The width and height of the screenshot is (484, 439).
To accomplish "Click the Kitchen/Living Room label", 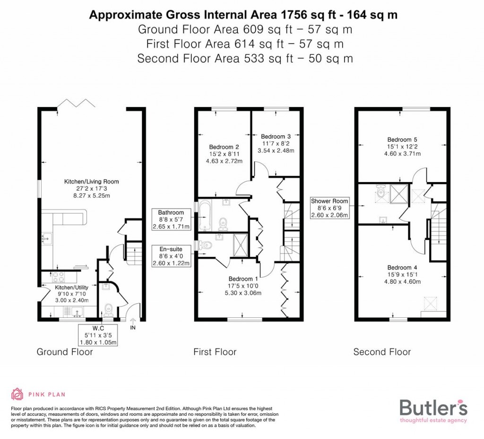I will pos(91,181).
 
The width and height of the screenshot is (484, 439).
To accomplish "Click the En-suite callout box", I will pos(171,256).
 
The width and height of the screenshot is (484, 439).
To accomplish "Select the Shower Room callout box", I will pos(329,208).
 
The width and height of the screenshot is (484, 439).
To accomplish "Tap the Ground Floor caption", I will pos(65,352).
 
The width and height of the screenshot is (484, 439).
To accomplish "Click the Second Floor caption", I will pos(382,352).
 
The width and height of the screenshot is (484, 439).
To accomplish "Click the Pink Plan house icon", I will pos(17,394).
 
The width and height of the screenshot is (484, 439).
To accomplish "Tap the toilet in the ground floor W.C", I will pos(109,308).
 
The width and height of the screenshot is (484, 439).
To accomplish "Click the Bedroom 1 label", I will pos(243,279).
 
